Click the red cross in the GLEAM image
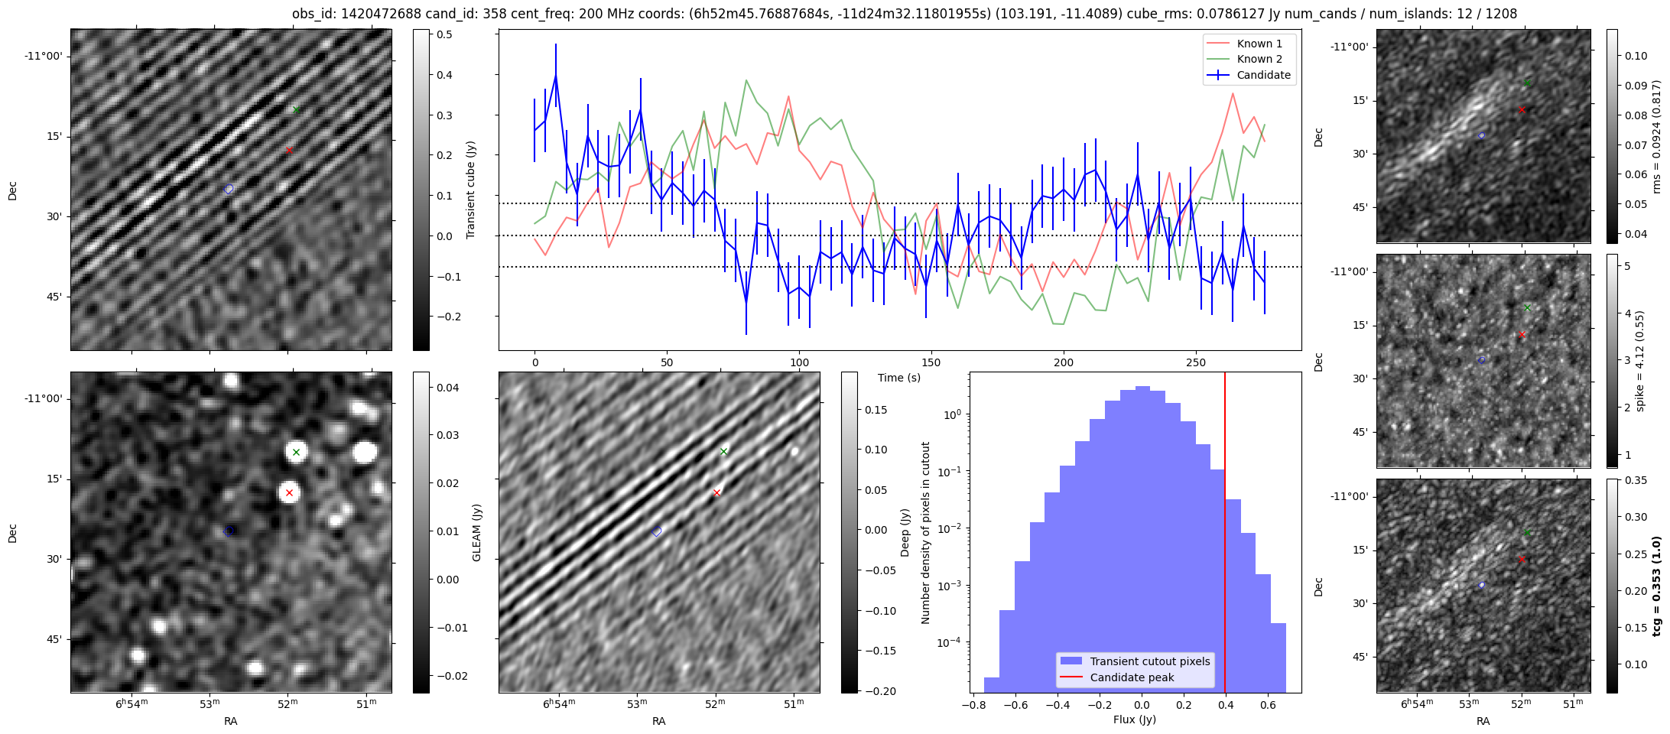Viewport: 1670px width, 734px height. pos(289,493)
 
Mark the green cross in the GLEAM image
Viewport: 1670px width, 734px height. pos(297,453)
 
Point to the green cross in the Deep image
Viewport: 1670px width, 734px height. pos(724,452)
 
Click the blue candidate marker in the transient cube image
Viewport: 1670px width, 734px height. pos(229,189)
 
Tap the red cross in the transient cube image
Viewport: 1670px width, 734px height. pos(289,151)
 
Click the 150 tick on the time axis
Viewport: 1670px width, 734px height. pos(931,362)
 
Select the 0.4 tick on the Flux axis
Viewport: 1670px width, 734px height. pos(1226,705)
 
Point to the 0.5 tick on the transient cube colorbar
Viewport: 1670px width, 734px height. pos(443,35)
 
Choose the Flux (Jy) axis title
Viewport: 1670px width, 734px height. pos(1135,719)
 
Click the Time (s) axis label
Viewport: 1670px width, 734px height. pos(899,378)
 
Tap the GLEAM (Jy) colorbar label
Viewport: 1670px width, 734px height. pos(477,533)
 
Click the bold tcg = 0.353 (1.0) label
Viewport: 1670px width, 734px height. pos(1657,586)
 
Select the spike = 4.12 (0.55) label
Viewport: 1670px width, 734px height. pos(1639,361)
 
